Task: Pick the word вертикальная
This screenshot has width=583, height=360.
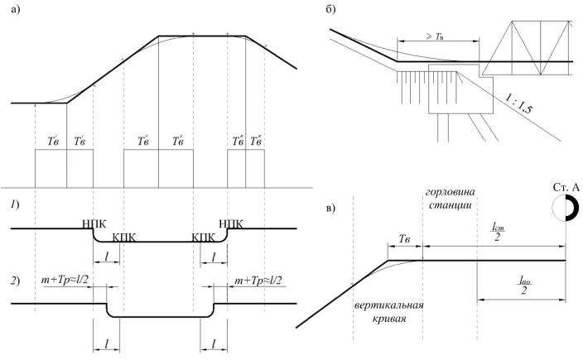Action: point(389,305)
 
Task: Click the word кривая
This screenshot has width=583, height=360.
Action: point(389,319)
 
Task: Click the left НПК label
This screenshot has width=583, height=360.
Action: point(93,223)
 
